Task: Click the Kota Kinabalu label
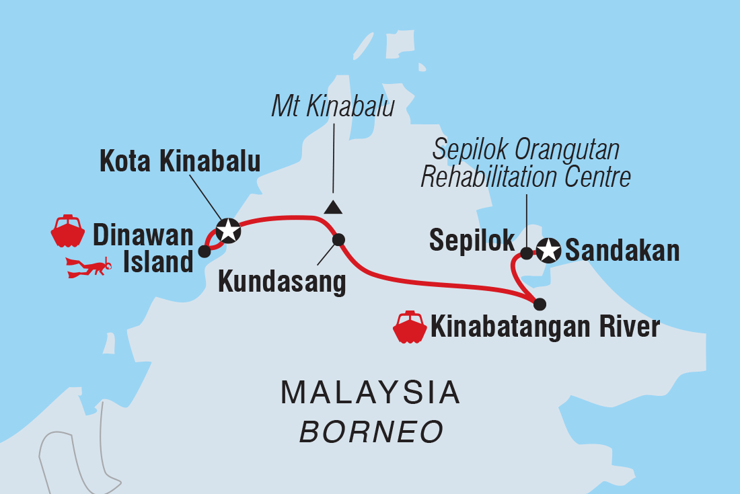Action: [180, 162]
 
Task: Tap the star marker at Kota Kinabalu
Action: [228, 231]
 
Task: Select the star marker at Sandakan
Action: [548, 251]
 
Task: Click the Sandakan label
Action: [622, 251]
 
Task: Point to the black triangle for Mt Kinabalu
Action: [332, 207]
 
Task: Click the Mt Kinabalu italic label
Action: [332, 107]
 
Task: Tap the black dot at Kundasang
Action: [338, 239]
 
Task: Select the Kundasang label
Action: [282, 283]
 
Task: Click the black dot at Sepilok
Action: [527, 253]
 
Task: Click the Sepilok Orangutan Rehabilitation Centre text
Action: [525, 164]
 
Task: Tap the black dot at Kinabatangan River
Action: [540, 304]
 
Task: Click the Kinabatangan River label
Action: [545, 328]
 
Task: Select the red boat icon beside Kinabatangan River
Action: [410, 327]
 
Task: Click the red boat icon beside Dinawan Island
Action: [67, 232]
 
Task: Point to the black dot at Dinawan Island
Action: [205, 252]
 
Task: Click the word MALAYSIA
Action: [371, 393]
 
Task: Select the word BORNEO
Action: [371, 431]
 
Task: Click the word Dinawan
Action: [143, 235]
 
